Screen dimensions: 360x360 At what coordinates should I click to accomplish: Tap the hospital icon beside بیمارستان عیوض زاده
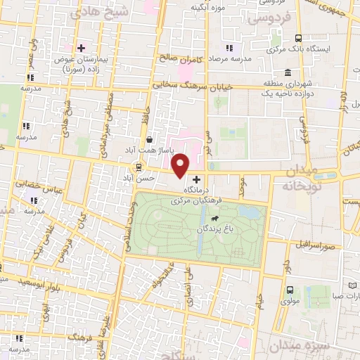tap(82, 48)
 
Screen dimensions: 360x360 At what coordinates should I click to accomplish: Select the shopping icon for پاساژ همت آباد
tap(149, 139)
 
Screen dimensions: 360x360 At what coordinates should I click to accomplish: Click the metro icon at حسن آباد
tap(139, 167)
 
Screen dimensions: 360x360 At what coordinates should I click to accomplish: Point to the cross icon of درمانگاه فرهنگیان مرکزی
tap(196, 180)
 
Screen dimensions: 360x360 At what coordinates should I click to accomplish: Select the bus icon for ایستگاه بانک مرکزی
tap(299, 39)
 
